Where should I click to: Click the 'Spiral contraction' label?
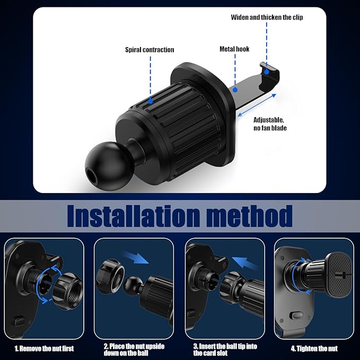[150, 50]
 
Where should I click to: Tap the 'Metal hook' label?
[234, 49]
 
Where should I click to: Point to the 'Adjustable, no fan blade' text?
[270, 124]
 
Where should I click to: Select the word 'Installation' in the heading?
[132, 216]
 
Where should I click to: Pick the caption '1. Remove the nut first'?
[44, 348]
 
